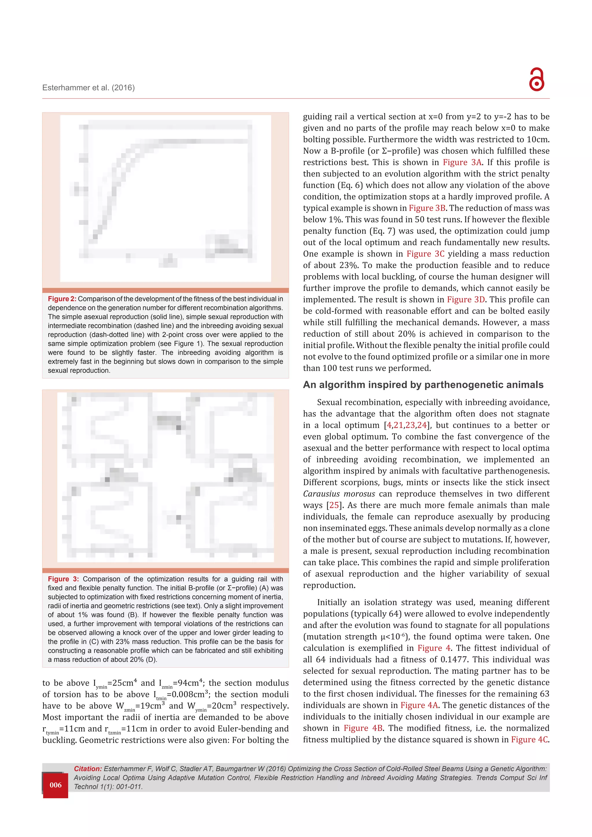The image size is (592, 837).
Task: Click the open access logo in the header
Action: click(536, 79)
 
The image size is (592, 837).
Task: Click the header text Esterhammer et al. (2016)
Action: click(88, 88)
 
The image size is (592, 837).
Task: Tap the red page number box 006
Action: click(55, 785)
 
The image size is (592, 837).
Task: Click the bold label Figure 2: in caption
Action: click(62, 299)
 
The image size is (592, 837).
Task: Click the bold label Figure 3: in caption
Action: click(63, 579)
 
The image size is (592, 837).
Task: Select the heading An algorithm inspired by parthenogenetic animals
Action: click(423, 385)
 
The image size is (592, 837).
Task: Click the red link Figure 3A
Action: click(462, 162)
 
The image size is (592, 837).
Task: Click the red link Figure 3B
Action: click(427, 208)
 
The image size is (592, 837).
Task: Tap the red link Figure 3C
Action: click(425, 254)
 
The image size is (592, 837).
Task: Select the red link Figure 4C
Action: click(529, 739)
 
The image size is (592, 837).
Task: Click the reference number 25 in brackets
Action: click(334, 505)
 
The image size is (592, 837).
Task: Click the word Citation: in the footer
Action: click(88, 769)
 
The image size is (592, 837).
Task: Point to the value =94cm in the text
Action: click(186, 683)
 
